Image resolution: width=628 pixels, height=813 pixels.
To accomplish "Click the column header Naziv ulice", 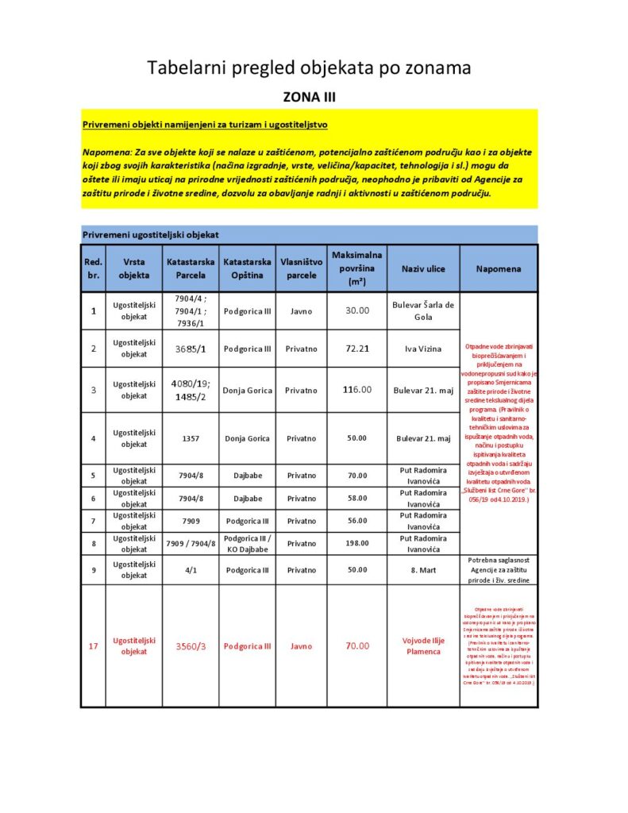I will coord(423,268).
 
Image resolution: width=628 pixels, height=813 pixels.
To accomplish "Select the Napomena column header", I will coord(499,268).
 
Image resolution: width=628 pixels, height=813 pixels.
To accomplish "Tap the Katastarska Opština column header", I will coord(247,268).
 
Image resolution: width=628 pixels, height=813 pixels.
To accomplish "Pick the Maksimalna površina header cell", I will coord(356,268).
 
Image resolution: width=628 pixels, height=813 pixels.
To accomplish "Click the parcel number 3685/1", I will coord(191,349).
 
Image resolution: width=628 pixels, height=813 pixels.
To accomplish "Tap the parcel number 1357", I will coord(191,438).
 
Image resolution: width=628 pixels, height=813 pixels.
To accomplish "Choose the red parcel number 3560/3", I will coord(191,646).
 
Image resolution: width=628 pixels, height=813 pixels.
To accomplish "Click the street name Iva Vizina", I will coord(423,349).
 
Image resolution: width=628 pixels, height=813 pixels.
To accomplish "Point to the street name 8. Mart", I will coord(423,570).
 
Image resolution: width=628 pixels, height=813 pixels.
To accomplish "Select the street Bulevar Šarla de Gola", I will coord(423,310).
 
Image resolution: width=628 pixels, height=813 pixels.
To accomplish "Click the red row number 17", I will coord(93,646).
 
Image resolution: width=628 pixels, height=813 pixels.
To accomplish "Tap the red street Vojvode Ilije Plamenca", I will coord(423,646).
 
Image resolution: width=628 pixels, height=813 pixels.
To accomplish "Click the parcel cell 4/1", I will coord(191,570).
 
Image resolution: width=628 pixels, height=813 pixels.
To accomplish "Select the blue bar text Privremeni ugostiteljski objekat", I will coord(151,235).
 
